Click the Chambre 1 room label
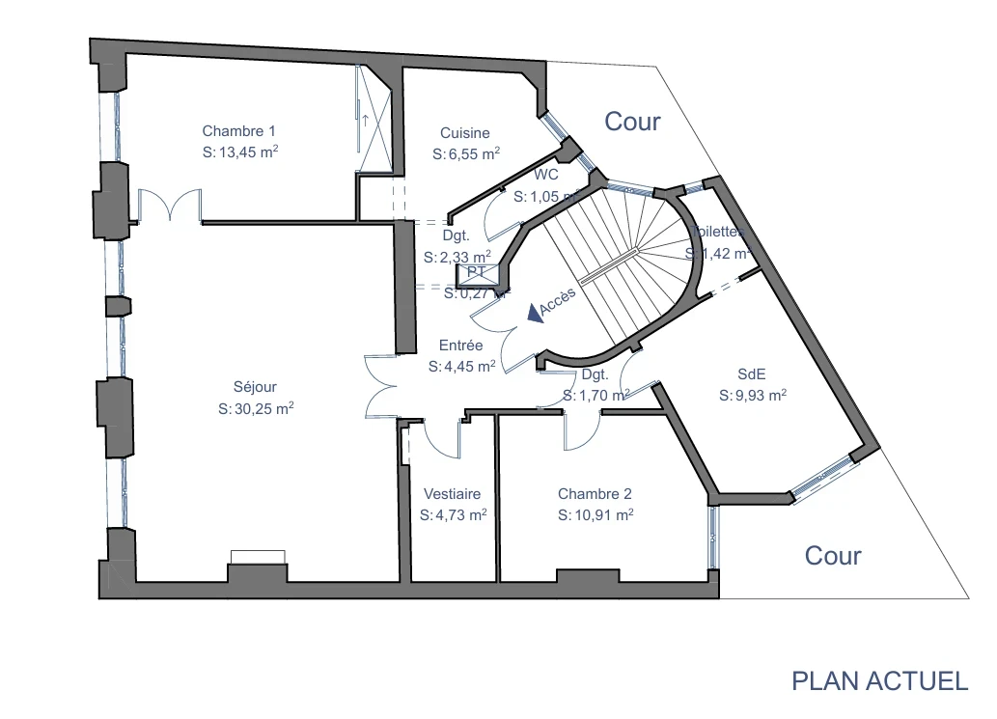[x=238, y=131]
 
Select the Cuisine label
[x=464, y=133]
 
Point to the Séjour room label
[x=255, y=388]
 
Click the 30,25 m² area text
[x=256, y=409]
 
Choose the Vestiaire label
[x=452, y=494]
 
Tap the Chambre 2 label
[x=595, y=494]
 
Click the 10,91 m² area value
[x=595, y=515]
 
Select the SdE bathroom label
[x=752, y=373]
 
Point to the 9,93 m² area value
[x=753, y=395]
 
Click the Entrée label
[x=461, y=345]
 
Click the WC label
[x=546, y=175]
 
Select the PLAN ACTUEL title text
[x=879, y=680]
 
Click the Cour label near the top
[x=632, y=122]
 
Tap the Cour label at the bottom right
[x=833, y=556]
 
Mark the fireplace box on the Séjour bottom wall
[x=258, y=557]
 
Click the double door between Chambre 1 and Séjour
[x=170, y=205]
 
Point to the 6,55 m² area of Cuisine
[x=466, y=154]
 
